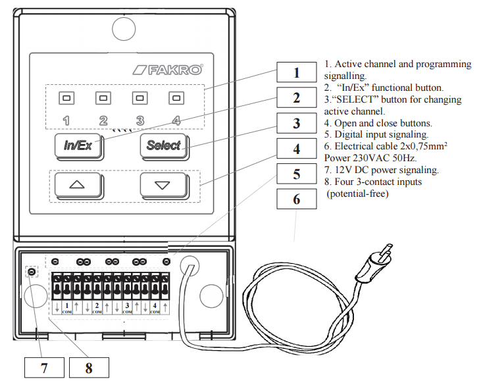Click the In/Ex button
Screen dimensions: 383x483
coord(78,146)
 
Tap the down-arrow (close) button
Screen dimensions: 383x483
coord(163,185)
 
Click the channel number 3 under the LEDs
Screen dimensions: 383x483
coord(140,120)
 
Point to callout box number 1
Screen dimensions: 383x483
coord(296,72)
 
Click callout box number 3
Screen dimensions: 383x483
coord(296,123)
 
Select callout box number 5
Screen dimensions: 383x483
coord(296,174)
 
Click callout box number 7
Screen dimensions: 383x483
coord(44,368)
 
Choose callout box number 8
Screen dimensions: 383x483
coord(89,368)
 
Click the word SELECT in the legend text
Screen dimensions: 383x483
coord(354,99)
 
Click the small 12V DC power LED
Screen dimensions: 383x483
coord(30,272)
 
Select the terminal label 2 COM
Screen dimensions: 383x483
coord(97,307)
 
